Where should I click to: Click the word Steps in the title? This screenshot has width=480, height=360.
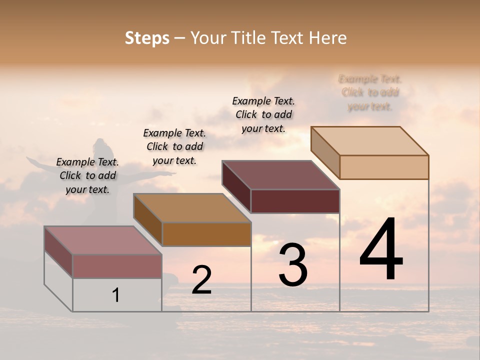tap(147, 38)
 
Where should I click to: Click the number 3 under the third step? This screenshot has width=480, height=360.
tap(292, 265)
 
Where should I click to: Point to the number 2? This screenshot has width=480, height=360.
tap(201, 280)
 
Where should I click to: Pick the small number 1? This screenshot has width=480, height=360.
tap(116, 295)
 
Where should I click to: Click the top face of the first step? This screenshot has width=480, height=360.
tap(102, 240)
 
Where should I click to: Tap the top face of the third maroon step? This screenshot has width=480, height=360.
tap(280, 175)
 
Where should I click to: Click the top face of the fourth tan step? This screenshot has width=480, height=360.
tap(369, 141)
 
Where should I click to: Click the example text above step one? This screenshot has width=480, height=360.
tap(87, 175)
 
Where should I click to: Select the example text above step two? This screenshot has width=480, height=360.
tap(174, 146)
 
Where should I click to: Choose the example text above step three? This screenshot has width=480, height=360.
tap(263, 114)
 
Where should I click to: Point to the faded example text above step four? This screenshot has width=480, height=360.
tap(370, 92)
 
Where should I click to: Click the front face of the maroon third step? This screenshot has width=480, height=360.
tap(295, 201)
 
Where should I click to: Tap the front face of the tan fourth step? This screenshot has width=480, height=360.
tap(384, 167)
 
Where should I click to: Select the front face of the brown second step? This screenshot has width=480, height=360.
tap(206, 234)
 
